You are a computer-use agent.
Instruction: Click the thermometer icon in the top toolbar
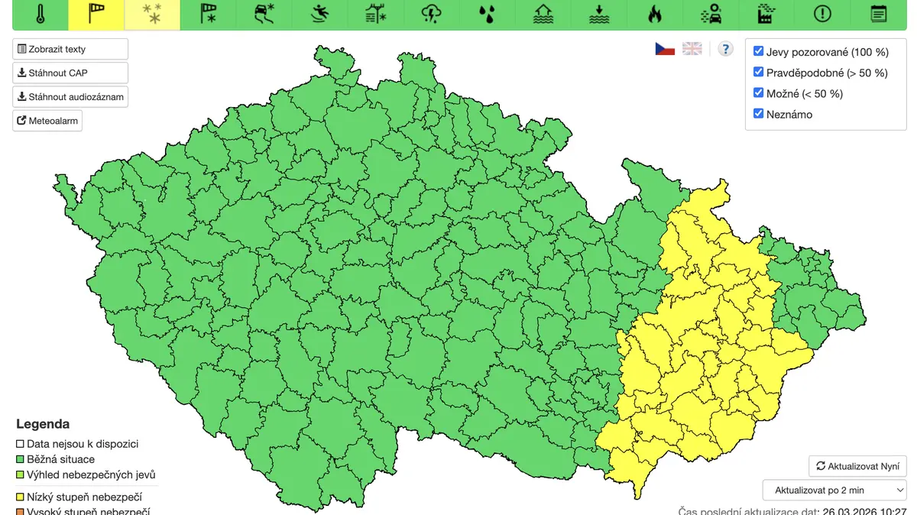pyautogui.click(x=41, y=14)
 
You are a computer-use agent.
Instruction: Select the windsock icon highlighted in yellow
pyautogui.click(x=96, y=14)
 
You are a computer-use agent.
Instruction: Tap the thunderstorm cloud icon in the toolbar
pyautogui.click(x=431, y=14)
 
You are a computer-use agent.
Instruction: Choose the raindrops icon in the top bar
pyautogui.click(x=487, y=14)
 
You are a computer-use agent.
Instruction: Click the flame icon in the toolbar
pyautogui.click(x=654, y=14)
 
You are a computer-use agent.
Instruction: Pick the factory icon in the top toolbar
pyautogui.click(x=766, y=14)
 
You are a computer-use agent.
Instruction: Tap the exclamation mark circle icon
pyautogui.click(x=822, y=14)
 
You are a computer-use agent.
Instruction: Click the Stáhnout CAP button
pyautogui.click(x=70, y=73)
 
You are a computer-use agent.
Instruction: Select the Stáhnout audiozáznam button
pyautogui.click(x=70, y=97)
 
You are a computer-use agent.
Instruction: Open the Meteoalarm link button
pyautogui.click(x=47, y=121)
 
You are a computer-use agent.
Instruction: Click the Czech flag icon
pyautogui.click(x=665, y=49)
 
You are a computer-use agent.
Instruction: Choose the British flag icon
pyautogui.click(x=692, y=49)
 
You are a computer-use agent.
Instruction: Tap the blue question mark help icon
pyautogui.click(x=726, y=49)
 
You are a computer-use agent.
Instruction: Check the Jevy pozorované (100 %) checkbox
pyautogui.click(x=759, y=51)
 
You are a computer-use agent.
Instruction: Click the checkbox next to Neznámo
pyautogui.click(x=759, y=114)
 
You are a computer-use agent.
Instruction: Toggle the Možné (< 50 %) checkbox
pyautogui.click(x=759, y=93)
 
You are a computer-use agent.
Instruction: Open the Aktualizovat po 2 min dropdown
pyautogui.click(x=834, y=490)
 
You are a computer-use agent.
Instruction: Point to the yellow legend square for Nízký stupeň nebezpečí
pyautogui.click(x=21, y=497)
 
